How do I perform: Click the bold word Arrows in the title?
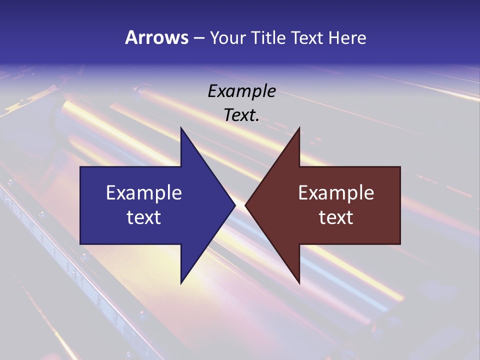pyautogui.click(x=156, y=37)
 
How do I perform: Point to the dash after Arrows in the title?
pyautogui.click(x=198, y=38)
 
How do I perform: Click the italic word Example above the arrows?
pyautogui.click(x=241, y=91)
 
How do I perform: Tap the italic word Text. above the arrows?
pyautogui.click(x=241, y=115)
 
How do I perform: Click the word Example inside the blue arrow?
pyautogui.click(x=144, y=193)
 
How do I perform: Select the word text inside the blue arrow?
pyautogui.click(x=144, y=217)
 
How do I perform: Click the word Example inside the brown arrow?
pyautogui.click(x=336, y=193)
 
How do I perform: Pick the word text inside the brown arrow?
pyautogui.click(x=336, y=217)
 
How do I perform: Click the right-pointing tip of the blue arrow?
pyautogui.click(x=234, y=205)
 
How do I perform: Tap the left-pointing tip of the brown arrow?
pyautogui.click(x=246, y=205)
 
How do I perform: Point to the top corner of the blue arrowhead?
pyautogui.click(x=181, y=128)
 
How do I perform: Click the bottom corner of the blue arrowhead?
pyautogui.click(x=181, y=282)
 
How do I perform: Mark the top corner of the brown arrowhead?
pyautogui.click(x=299, y=128)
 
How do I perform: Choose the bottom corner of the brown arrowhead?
pyautogui.click(x=299, y=282)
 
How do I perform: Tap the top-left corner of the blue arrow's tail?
pyautogui.click(x=81, y=167)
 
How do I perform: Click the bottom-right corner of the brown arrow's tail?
pyautogui.click(x=399, y=243)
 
